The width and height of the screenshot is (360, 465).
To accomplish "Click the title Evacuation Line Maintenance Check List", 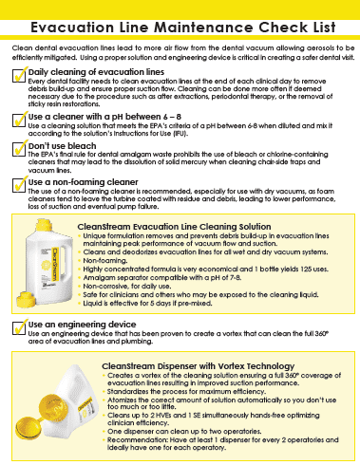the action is click(180, 20).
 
